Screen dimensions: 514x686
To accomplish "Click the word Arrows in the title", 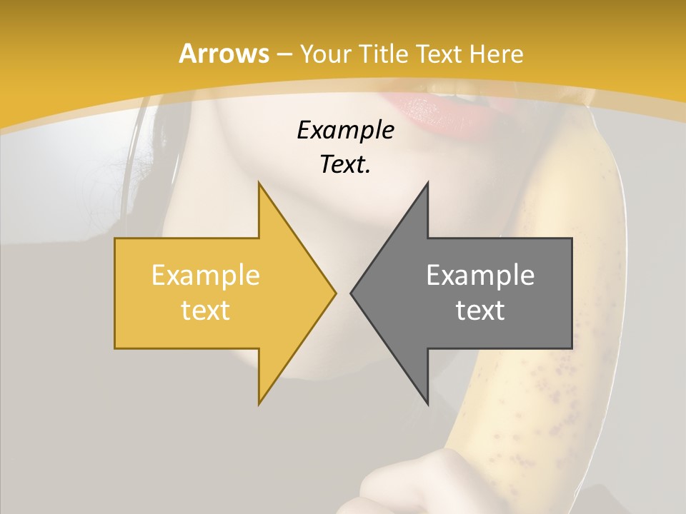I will (224, 54).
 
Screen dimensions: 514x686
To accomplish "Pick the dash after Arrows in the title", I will (284, 55).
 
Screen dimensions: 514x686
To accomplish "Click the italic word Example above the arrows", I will (345, 131).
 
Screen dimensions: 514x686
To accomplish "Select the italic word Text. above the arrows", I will (345, 165).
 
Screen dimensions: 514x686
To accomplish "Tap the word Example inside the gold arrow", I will (205, 276).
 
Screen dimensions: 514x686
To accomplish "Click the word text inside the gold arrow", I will (205, 311).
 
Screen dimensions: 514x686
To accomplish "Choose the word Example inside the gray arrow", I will (480, 276).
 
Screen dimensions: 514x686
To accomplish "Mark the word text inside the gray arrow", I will (480, 311).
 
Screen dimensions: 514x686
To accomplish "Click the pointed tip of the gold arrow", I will (334, 293).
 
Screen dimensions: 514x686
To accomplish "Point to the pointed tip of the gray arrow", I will (352, 293).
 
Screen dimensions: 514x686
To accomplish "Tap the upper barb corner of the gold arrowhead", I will (259, 183).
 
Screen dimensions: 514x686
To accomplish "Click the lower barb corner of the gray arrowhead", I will (427, 403).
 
